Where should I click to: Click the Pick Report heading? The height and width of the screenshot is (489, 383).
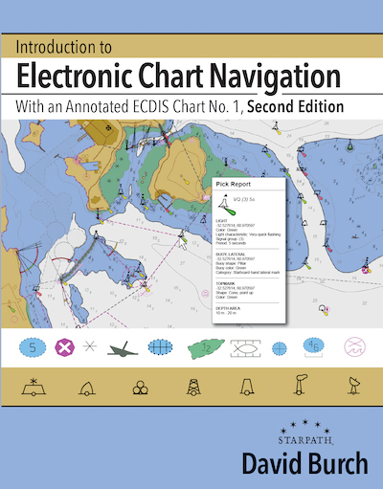(234, 182)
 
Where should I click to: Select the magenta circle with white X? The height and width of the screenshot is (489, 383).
(65, 346)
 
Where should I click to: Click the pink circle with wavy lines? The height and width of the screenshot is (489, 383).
(355, 346)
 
